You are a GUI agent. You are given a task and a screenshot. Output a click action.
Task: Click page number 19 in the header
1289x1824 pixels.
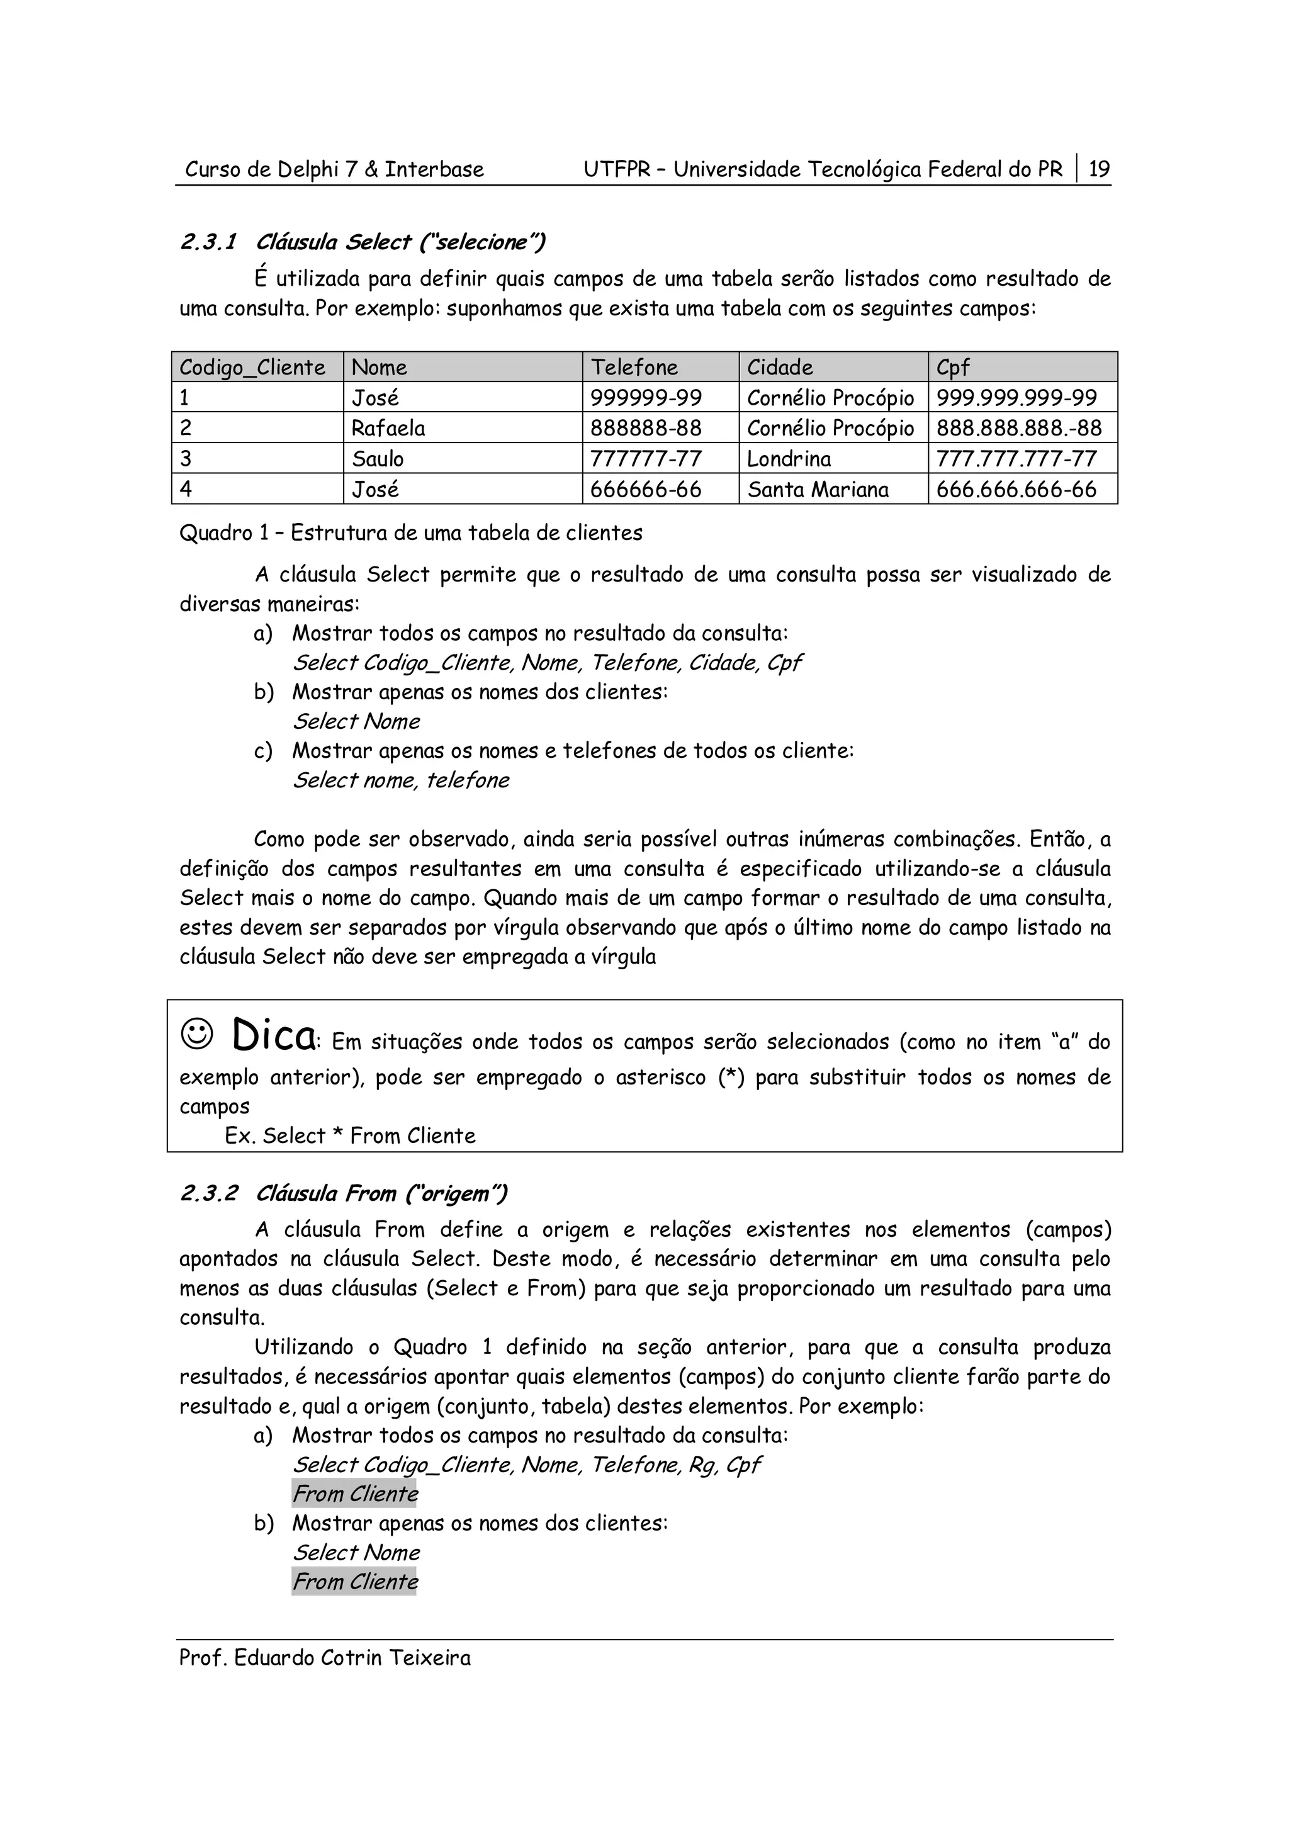coord(1099,169)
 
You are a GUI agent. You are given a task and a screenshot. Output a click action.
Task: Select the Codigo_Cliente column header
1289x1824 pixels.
coord(252,367)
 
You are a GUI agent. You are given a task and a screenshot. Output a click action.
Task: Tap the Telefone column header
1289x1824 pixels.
coord(634,367)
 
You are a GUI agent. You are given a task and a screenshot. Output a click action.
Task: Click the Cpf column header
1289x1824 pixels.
coord(953,367)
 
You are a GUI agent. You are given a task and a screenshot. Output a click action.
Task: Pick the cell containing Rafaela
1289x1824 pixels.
coord(388,428)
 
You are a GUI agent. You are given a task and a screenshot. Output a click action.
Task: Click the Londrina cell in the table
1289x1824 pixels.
coord(789,458)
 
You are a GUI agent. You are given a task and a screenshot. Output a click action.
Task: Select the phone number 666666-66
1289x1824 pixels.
coord(646,490)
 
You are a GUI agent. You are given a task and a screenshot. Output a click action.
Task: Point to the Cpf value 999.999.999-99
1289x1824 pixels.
coord(1016,397)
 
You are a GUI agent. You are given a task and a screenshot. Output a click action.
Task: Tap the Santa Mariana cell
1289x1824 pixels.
coord(818,490)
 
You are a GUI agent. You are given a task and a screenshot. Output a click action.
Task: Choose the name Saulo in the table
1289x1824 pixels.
coord(378,458)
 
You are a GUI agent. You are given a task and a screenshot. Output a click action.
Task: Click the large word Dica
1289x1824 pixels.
coord(273,1035)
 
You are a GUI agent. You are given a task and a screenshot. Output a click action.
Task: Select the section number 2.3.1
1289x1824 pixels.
coord(208,242)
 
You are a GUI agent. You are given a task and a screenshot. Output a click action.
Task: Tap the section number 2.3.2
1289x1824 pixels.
coord(208,1193)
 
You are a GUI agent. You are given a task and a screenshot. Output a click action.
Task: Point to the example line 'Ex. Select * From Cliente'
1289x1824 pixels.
coord(350,1135)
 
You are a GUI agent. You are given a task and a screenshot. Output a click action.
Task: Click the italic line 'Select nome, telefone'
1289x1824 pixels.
coord(401,780)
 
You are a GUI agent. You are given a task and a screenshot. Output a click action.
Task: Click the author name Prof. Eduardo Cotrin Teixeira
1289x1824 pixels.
coord(325,1658)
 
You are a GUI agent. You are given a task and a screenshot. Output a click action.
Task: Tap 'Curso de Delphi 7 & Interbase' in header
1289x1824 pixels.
coord(334,169)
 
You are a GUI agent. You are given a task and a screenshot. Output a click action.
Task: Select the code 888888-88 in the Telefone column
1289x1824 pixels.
coord(646,428)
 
